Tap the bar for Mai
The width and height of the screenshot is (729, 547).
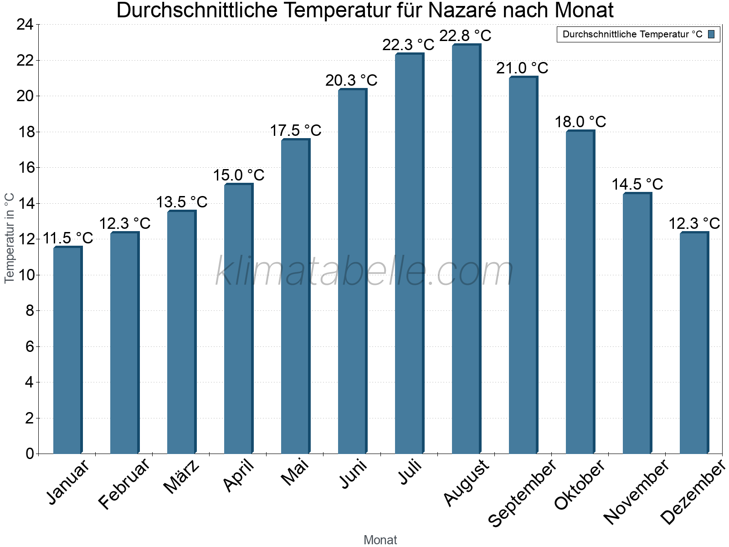295,296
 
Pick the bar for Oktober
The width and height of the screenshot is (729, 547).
580,292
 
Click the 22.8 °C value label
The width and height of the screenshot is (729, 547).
465,36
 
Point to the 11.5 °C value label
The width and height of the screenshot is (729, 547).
67,238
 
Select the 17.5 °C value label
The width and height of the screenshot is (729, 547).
296,131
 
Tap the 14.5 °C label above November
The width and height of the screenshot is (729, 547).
637,185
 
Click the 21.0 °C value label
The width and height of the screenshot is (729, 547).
522,68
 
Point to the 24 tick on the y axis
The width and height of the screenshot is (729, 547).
25,25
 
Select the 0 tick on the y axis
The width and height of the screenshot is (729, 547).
30,454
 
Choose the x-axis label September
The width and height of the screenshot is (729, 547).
522,493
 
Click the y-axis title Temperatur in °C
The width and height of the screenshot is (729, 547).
10,238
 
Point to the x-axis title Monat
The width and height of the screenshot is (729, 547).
380,540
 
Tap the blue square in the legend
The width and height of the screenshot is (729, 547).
712,34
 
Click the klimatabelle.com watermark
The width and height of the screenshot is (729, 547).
364,272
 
